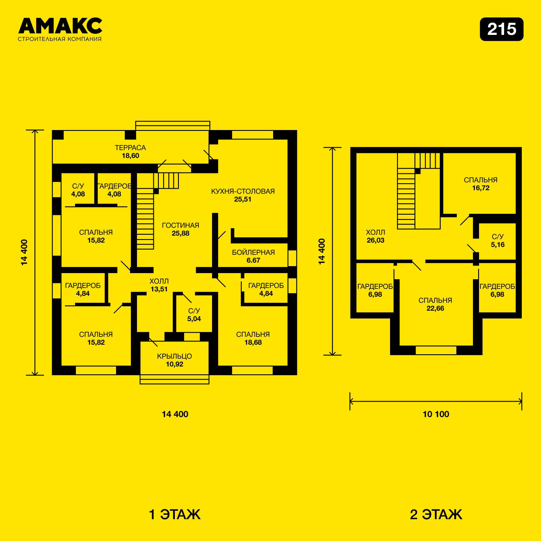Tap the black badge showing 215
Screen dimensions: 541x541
click(501, 29)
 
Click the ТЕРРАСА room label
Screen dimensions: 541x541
click(130, 148)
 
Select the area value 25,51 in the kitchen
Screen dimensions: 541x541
click(243, 199)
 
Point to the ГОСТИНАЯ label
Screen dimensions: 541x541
click(180, 225)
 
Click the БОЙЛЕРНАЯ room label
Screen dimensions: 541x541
click(253, 252)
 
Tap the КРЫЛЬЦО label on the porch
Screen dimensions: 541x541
click(175, 356)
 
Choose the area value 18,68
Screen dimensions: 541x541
click(253, 342)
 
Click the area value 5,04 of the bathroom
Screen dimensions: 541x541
click(194, 319)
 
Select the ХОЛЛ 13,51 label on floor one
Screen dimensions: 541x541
click(159, 285)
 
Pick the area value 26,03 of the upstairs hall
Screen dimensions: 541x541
click(376, 240)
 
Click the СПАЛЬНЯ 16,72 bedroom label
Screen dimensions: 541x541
click(481, 184)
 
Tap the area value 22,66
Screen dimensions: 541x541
click(435, 308)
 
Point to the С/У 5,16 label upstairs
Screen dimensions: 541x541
click(498, 241)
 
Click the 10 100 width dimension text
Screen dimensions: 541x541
click(436, 414)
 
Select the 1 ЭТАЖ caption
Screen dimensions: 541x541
click(175, 514)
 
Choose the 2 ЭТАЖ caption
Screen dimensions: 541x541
click(436, 514)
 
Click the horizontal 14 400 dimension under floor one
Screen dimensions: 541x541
click(175, 414)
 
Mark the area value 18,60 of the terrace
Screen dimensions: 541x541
click(130, 156)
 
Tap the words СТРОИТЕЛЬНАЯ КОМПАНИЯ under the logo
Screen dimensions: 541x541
click(60, 39)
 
